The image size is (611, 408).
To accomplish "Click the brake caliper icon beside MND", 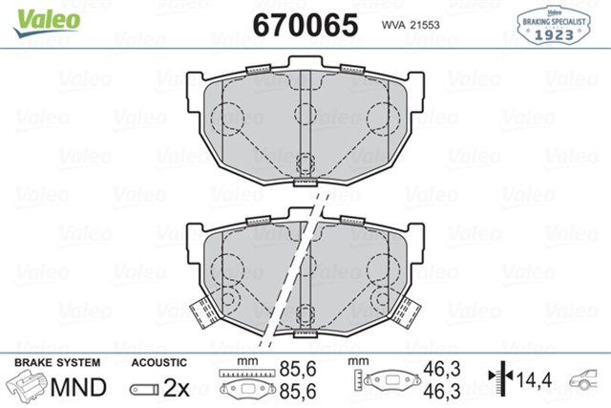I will point(26,387).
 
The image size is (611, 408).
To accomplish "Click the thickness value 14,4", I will point(536,379).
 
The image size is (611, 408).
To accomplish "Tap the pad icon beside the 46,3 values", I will point(388,381).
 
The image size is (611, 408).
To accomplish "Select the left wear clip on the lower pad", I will point(201,311).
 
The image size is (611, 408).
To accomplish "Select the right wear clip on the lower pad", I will point(408,310).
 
